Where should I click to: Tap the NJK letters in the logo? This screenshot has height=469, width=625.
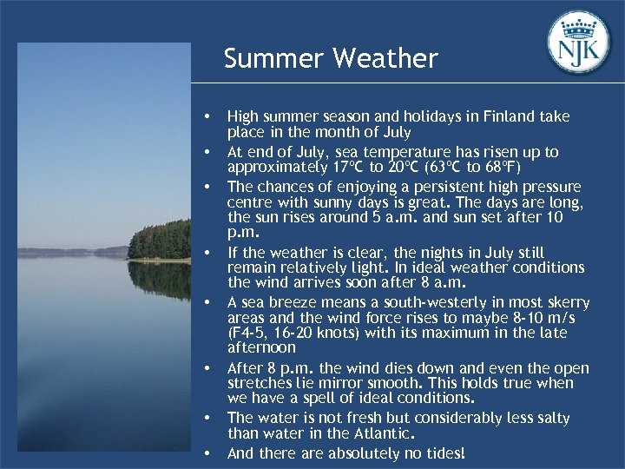[579, 49]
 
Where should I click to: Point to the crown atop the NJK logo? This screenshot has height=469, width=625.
[579, 23]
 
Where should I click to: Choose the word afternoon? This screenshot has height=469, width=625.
[261, 348]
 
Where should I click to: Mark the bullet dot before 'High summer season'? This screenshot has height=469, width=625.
[206, 116]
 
